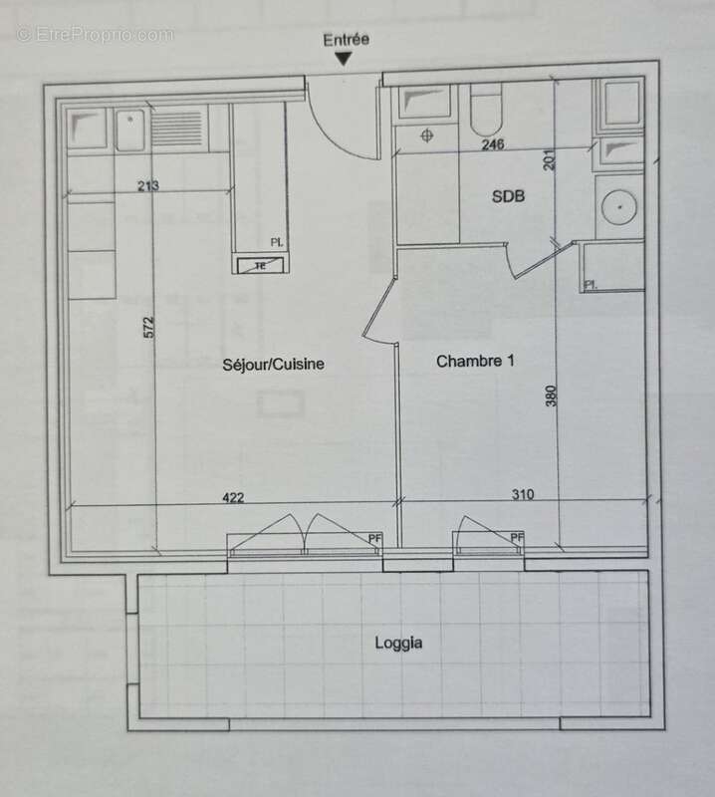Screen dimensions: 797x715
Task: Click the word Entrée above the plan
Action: click(x=346, y=40)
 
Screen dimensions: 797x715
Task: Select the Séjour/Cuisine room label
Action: click(x=274, y=365)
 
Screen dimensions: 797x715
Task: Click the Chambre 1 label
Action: click(x=475, y=362)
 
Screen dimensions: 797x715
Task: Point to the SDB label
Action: click(x=508, y=197)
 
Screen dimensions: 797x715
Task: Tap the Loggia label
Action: click(x=398, y=643)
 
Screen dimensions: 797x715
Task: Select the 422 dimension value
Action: click(x=232, y=498)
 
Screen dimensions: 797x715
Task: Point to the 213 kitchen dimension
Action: click(x=149, y=185)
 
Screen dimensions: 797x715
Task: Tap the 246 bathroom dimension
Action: click(x=493, y=144)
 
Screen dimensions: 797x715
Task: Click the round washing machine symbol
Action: click(x=620, y=205)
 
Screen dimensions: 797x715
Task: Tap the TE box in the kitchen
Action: click(x=261, y=265)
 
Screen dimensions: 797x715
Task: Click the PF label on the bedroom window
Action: click(x=517, y=539)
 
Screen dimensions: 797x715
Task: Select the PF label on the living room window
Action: click(x=374, y=539)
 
